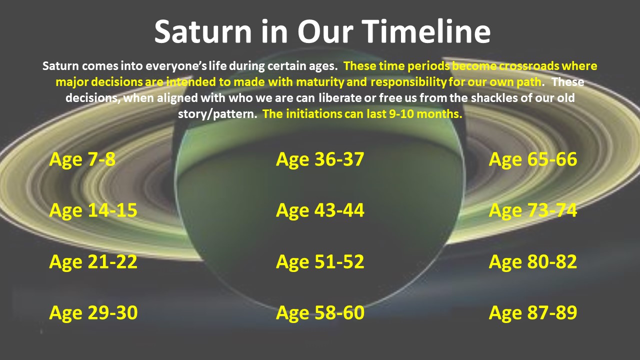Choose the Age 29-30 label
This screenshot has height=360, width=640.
pos(93,313)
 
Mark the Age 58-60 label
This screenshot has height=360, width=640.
pos(320,313)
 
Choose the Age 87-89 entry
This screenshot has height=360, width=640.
pos(533,313)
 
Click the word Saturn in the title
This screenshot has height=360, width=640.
pos(203,31)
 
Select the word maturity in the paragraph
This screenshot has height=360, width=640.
pos(320,82)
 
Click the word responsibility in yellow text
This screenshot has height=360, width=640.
pos(408,82)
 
